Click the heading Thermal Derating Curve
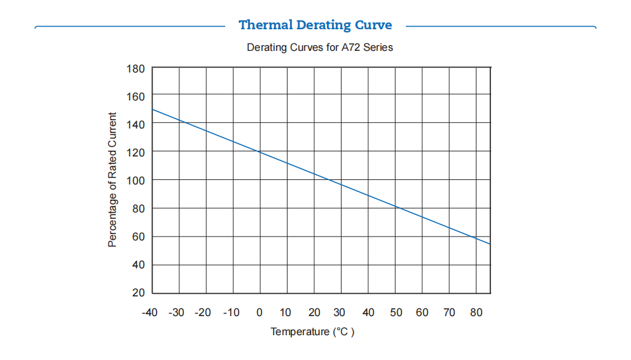[x=315, y=25]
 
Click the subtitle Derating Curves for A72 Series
[x=319, y=48]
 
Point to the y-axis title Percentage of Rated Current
[x=113, y=180]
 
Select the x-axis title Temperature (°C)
[x=312, y=332]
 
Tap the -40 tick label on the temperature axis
[x=149, y=312]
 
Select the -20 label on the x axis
[x=204, y=312]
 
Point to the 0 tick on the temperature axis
[x=260, y=312]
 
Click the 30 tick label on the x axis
[x=340, y=312]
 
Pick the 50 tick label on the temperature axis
[x=395, y=312]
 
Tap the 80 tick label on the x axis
[x=476, y=312]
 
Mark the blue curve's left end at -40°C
[x=153, y=109]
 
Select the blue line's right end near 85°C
[x=490, y=243]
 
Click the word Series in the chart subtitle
[x=378, y=48]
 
